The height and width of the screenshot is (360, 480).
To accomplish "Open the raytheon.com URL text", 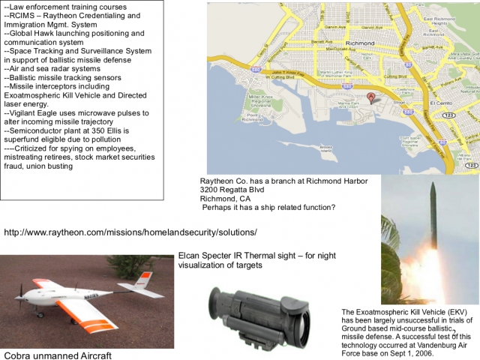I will [x=130, y=232].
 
